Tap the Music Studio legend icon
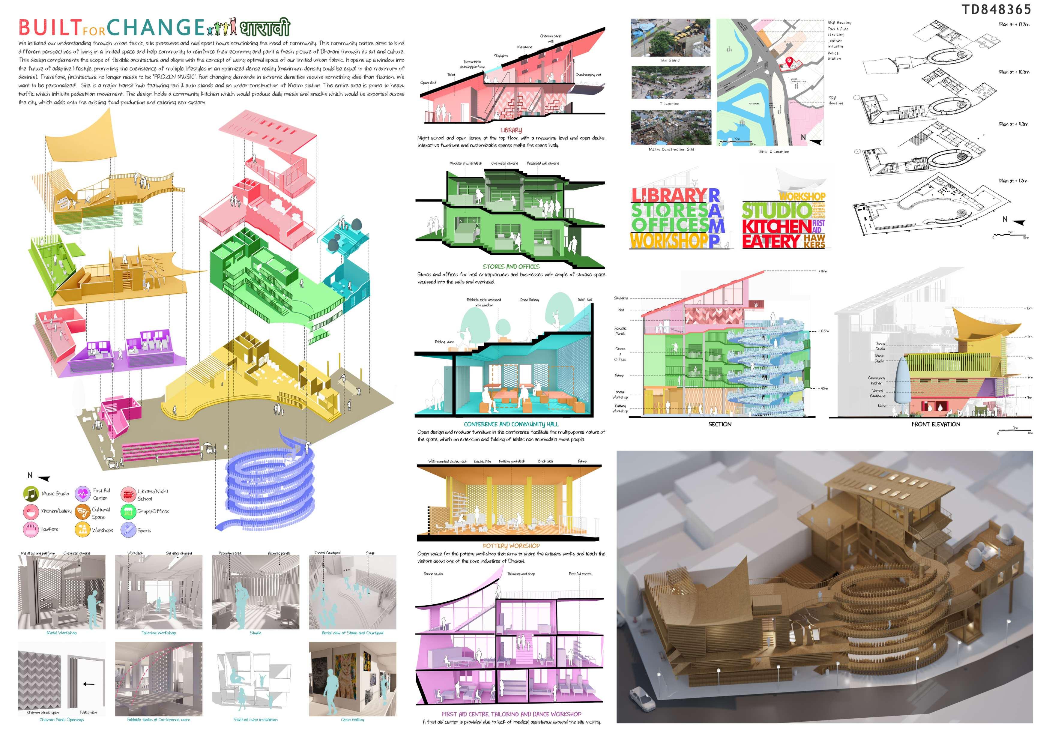pos(31,494)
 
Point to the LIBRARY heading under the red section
pos(511,130)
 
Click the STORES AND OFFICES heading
pos(511,266)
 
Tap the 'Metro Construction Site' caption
pos(671,149)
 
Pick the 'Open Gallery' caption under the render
pos(352,720)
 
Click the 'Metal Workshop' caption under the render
pos(61,633)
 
